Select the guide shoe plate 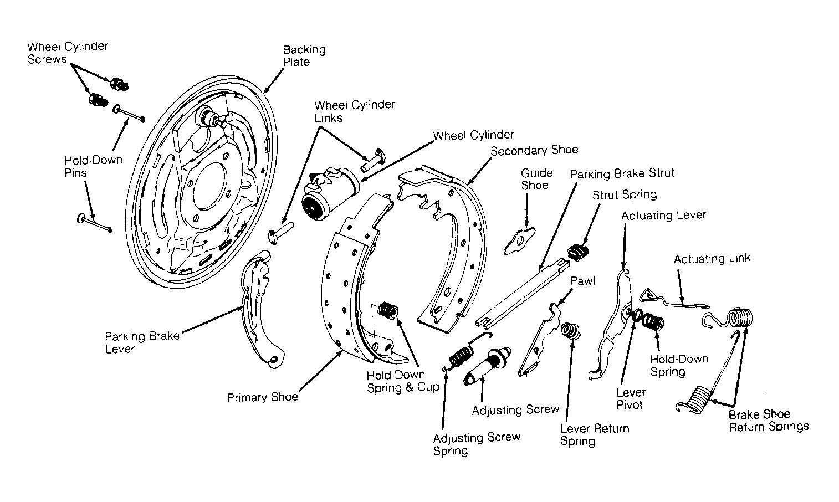[519, 241]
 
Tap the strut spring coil [578, 252]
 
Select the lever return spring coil [570, 331]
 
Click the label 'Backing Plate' [304, 55]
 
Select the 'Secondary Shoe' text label [534, 151]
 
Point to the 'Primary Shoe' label [262, 397]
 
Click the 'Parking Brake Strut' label [622, 173]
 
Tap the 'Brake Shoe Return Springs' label [769, 421]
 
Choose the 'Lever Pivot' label [631, 398]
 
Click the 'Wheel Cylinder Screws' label [68, 53]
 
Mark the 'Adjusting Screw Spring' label [477, 444]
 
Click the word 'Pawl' [582, 281]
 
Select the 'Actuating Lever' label [664, 216]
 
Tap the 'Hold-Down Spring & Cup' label [403, 381]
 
